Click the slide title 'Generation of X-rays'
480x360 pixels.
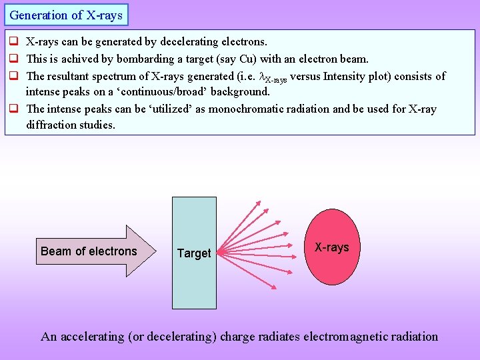(66, 15)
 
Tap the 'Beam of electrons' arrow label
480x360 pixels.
(89, 251)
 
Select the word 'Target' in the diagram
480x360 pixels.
(194, 253)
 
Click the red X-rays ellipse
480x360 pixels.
(332, 247)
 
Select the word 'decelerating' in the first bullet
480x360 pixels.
(184, 42)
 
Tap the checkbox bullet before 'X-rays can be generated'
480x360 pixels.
(14, 42)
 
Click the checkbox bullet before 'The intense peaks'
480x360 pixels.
(14, 109)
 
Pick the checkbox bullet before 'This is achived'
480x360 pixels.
(14, 59)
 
